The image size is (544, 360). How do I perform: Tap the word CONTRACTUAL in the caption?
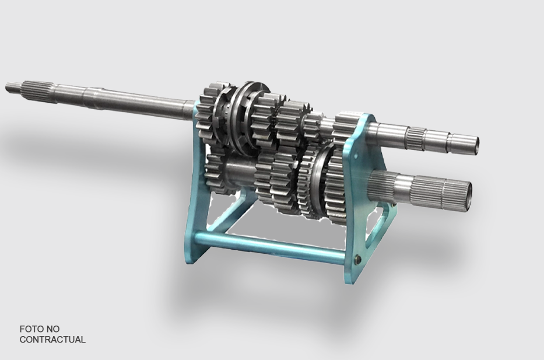pyautogui.click(x=52, y=339)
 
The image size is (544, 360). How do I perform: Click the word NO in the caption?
pyautogui.click(x=54, y=328)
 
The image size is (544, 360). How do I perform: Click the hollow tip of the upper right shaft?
pyautogui.click(x=475, y=145)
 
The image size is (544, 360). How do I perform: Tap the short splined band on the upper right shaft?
pyautogui.click(x=417, y=137)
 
